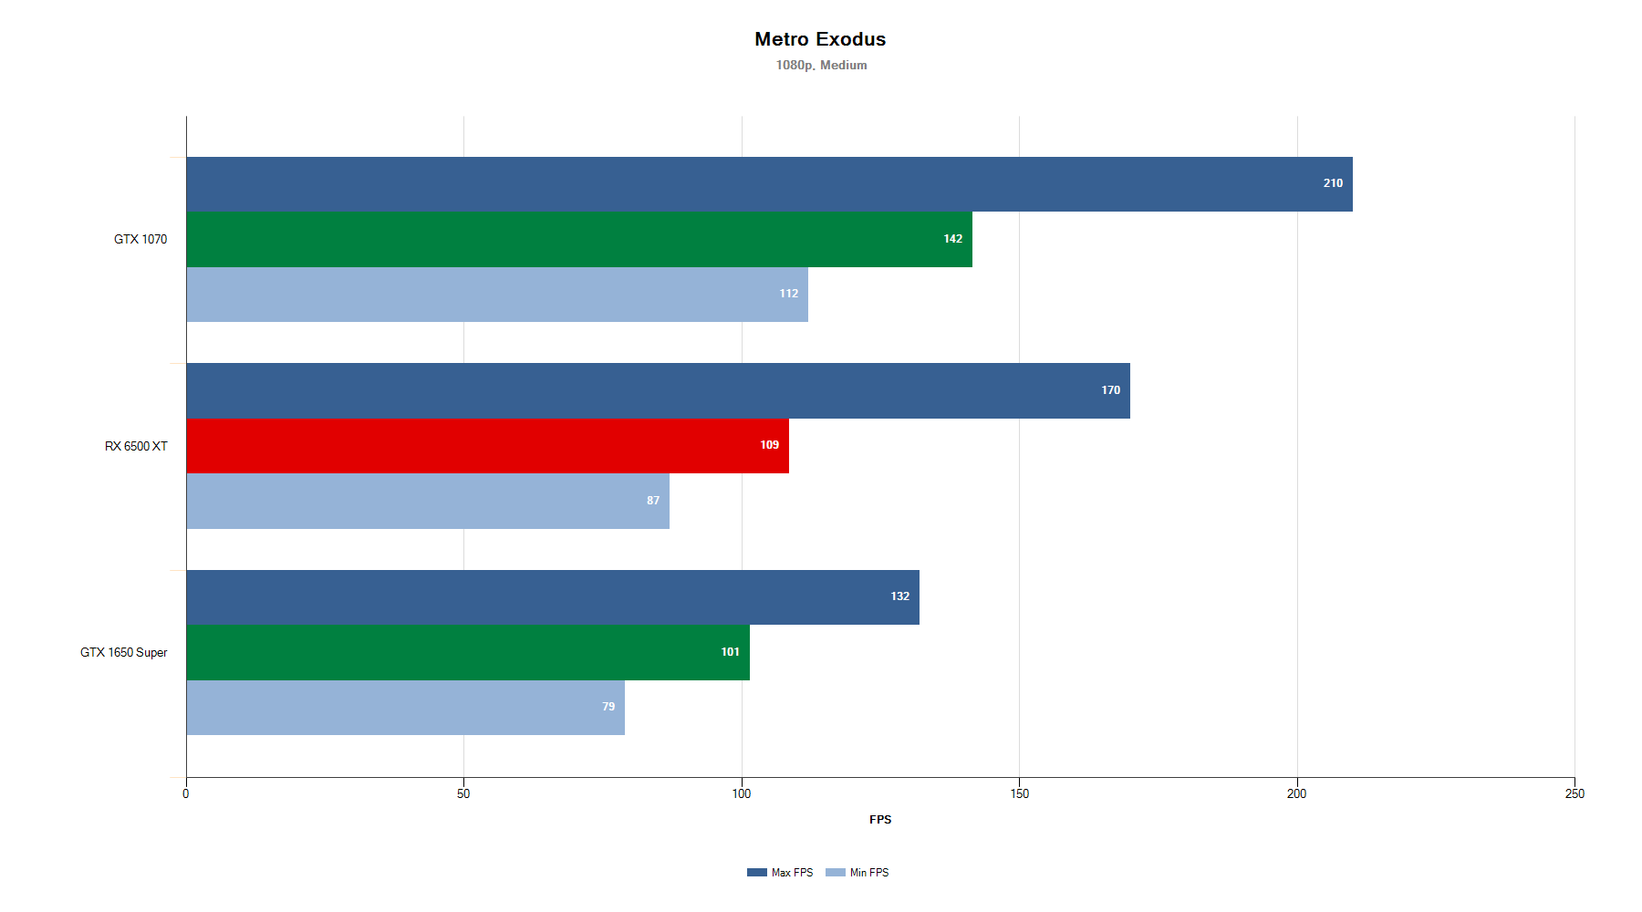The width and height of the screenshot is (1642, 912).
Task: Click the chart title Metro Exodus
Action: (820, 39)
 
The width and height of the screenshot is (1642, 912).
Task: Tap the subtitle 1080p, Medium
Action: (821, 65)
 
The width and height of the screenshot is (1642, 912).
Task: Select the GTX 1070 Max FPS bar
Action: (769, 184)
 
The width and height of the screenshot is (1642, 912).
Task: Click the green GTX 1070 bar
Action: (579, 239)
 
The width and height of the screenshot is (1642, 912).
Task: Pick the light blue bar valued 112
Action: (497, 294)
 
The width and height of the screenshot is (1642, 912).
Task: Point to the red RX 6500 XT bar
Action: (487, 446)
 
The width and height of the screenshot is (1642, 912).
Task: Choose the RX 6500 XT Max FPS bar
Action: (658, 390)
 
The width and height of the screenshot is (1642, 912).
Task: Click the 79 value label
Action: (608, 707)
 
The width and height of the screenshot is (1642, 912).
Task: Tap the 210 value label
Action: (1333, 183)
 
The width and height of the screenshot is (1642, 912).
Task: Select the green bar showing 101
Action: (468, 652)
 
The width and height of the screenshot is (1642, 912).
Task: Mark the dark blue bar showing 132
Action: (553, 597)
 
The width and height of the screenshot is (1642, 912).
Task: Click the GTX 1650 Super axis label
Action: (124, 652)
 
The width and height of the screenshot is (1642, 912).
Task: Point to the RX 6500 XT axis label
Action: (136, 446)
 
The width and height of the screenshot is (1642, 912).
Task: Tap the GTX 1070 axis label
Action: (140, 239)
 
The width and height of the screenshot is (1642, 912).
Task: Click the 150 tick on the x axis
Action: (1019, 793)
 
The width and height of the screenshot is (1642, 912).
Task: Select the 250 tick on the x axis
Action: (1574, 793)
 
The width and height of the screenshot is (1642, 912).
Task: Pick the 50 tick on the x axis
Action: (463, 793)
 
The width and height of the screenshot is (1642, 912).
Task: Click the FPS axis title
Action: (880, 819)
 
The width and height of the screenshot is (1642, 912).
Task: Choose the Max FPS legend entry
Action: (781, 873)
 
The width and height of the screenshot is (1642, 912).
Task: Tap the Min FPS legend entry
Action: (858, 873)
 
